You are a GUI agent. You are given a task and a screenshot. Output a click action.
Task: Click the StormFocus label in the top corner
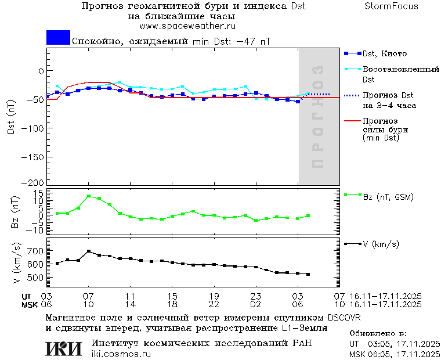391,6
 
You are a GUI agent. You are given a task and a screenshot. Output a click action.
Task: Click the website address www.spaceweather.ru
187,26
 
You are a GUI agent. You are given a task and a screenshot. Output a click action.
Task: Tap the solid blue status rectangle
58,38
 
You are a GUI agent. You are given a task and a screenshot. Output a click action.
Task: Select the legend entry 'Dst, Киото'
382,54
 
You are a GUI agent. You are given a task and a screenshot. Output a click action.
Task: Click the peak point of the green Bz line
89,196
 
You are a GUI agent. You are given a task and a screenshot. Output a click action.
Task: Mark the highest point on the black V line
89,251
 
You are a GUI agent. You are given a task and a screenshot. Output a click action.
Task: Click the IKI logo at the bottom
64,348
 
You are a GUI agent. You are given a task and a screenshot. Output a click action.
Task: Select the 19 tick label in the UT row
214,296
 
